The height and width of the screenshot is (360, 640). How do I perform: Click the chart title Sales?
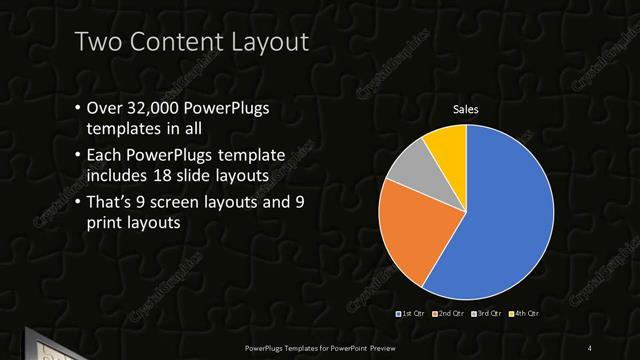pos(466,107)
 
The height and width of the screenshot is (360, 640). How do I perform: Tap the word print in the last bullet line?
pos(109,224)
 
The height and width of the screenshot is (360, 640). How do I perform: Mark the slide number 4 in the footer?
pos(590,347)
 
